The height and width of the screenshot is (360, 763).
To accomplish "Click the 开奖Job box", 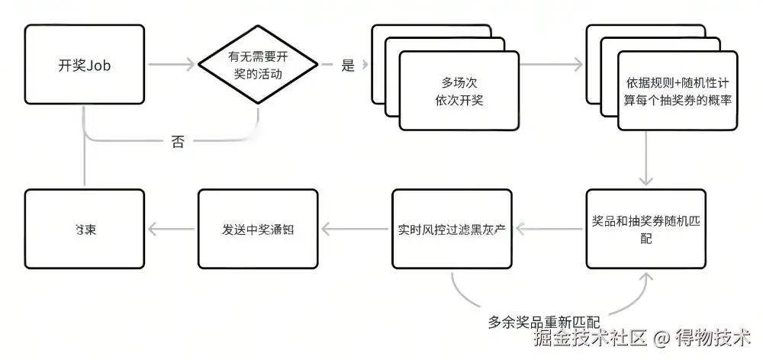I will coord(84,65).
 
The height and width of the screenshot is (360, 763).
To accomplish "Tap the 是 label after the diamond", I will coord(348,66).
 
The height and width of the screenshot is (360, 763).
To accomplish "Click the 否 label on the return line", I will coord(177,142).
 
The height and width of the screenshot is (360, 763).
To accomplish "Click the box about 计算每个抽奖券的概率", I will coord(678,91).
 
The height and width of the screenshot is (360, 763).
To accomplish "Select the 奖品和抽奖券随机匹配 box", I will coord(645,229).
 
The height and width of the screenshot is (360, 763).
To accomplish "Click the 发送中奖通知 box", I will coord(256,229).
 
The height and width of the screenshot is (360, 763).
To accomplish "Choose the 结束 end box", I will coord(84,229).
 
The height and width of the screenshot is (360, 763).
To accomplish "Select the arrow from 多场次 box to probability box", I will coord(551,66).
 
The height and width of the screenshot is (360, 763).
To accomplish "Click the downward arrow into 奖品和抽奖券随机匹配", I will coord(645,156).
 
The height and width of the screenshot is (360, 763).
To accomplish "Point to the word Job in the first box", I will coord(98,65).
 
